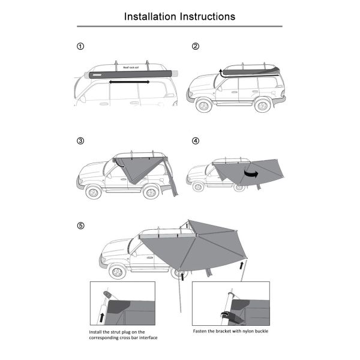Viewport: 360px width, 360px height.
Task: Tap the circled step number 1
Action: pyautogui.click(x=81, y=47)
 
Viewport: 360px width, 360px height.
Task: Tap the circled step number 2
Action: pyautogui.click(x=196, y=47)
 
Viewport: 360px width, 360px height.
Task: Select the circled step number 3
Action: pyautogui.click(x=81, y=142)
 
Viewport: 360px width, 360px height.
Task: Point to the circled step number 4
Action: pyautogui.click(x=196, y=142)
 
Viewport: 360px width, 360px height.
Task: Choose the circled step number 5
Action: pyautogui.click(x=81, y=226)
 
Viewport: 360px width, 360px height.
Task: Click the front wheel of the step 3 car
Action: pyautogui.click(x=93, y=193)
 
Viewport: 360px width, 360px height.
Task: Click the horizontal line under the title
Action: pyautogui.click(x=180, y=26)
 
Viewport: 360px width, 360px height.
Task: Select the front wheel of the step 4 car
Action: pyautogui.click(x=196, y=187)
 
